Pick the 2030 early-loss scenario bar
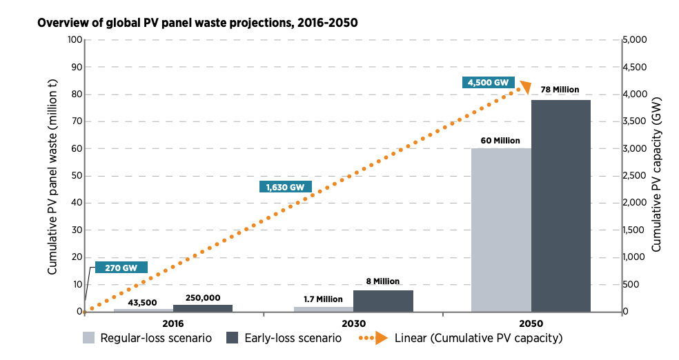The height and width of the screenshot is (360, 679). pyautogui.click(x=383, y=301)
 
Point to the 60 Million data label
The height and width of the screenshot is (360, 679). pyautogui.click(x=500, y=141)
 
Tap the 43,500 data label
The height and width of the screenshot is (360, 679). pyautogui.click(x=144, y=302)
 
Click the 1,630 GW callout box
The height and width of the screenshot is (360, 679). pyautogui.click(x=284, y=186)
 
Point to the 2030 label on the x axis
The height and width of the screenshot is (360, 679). pyautogui.click(x=353, y=323)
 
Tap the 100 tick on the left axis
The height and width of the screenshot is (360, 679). pyautogui.click(x=73, y=39)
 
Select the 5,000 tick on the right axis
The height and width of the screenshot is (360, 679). pyautogui.click(x=634, y=39)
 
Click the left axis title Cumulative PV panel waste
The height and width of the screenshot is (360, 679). pyautogui.click(x=52, y=176)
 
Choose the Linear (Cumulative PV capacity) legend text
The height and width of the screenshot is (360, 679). pyautogui.click(x=479, y=338)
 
